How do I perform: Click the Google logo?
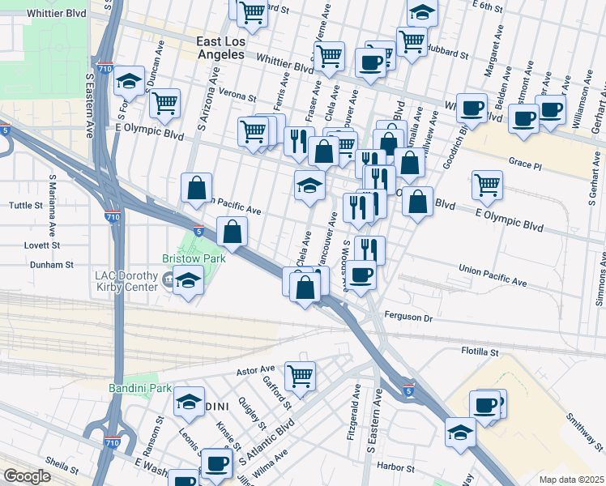pos(27,477)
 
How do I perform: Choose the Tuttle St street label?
pos(26,206)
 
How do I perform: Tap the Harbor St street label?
pos(395,468)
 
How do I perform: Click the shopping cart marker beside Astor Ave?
pos(300,375)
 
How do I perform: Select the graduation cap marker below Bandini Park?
pos(188,402)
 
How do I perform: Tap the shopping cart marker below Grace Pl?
pos(488,184)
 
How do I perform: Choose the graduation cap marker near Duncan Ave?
pos(129,79)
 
